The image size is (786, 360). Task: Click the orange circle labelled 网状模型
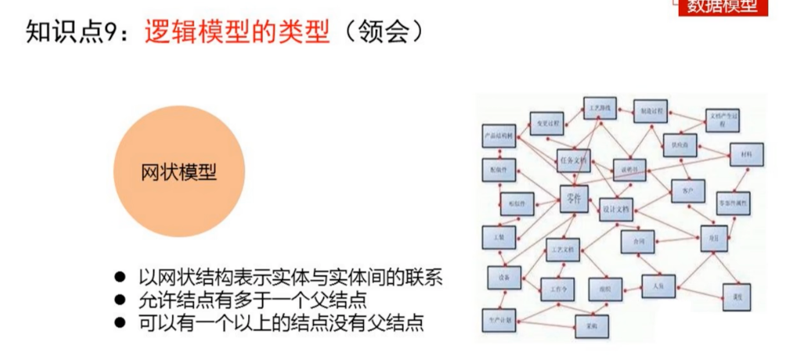click(178, 172)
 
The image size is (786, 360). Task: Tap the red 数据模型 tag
click(722, 7)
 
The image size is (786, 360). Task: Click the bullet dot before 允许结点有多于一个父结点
click(121, 300)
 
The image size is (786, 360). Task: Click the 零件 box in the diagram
click(574, 199)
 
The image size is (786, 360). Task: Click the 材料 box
click(746, 155)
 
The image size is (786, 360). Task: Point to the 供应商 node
click(680, 146)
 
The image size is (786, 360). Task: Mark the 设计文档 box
click(616, 209)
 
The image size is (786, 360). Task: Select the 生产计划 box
click(499, 320)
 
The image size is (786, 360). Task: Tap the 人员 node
click(658, 286)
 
